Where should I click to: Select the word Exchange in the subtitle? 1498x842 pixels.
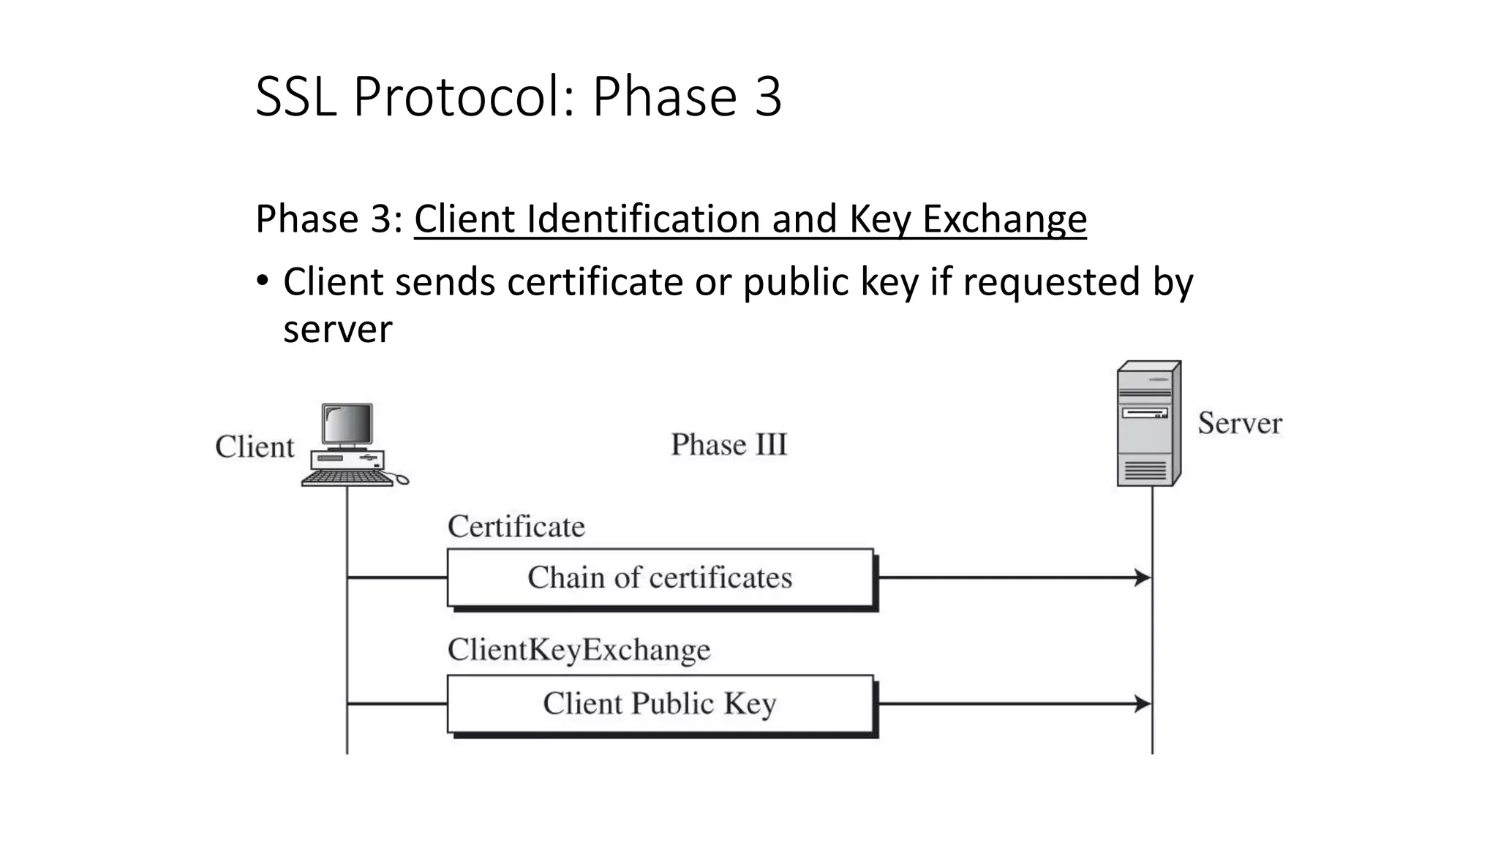pyautogui.click(x=1004, y=219)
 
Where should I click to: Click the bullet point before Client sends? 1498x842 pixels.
pyautogui.click(x=263, y=281)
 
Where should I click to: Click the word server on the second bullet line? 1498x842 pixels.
pyautogui.click(x=337, y=330)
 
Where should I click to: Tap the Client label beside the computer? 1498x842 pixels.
pyautogui.click(x=255, y=447)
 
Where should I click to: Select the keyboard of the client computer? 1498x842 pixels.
pyautogui.click(x=347, y=478)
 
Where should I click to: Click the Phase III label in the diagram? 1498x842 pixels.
pyautogui.click(x=729, y=444)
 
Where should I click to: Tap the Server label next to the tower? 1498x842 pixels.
pyautogui.click(x=1239, y=423)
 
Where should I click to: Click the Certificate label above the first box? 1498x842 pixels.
pyautogui.click(x=516, y=526)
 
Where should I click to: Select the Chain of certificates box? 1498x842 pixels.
pyautogui.click(x=660, y=577)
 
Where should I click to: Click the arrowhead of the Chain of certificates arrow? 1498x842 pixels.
pyautogui.click(x=1143, y=577)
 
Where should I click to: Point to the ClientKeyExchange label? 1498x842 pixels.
pyautogui.click(x=579, y=650)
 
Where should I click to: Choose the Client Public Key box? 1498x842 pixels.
pyautogui.click(x=660, y=704)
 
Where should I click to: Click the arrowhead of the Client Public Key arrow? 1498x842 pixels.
pyautogui.click(x=1143, y=704)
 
